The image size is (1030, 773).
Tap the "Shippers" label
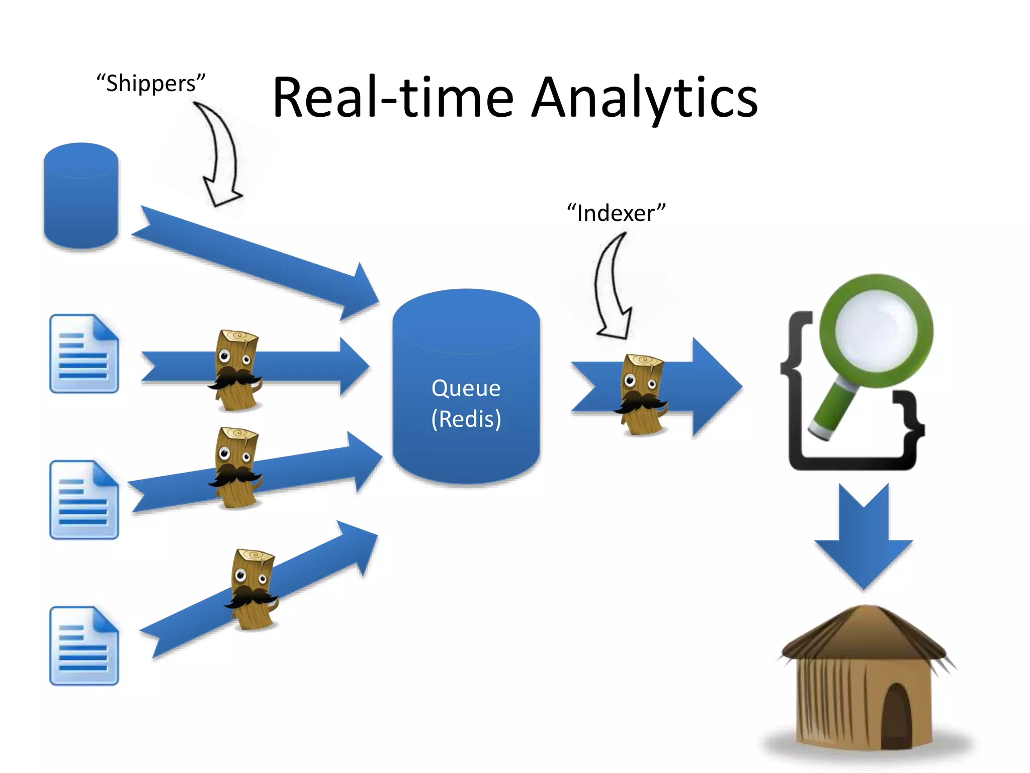(x=151, y=84)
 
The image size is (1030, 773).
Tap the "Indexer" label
(x=616, y=213)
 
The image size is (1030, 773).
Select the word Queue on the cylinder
(x=466, y=389)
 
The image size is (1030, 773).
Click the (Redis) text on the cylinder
(x=466, y=419)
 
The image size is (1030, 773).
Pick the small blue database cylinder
(x=81, y=196)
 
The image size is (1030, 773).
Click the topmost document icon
(x=84, y=354)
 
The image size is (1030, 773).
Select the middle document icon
(x=84, y=500)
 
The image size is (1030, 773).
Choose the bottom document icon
(x=84, y=646)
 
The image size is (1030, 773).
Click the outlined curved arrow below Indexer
(x=611, y=287)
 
